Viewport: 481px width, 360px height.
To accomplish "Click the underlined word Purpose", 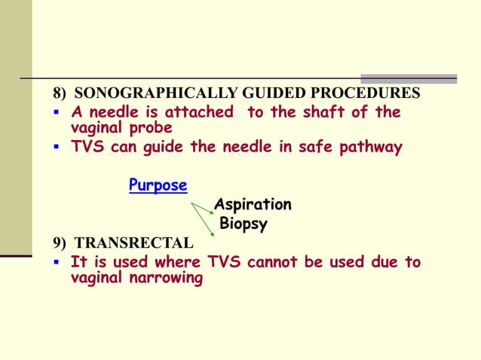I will (x=158, y=185).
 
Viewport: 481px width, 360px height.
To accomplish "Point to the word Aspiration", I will (x=253, y=205).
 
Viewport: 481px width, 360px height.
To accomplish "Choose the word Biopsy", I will (x=244, y=224).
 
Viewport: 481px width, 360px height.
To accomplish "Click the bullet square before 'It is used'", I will (x=57, y=263).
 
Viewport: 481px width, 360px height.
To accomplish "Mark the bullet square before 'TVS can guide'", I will (x=57, y=147).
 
